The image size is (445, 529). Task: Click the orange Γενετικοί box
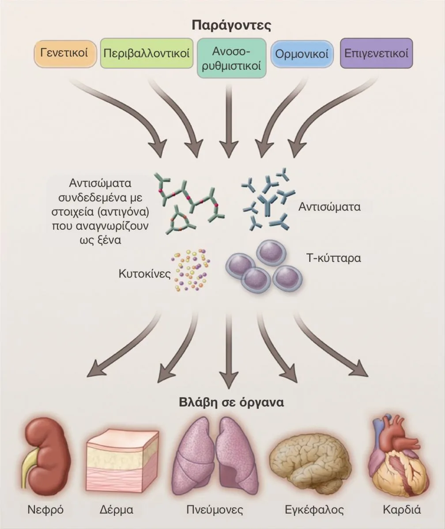65,54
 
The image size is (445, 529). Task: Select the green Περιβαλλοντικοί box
147,53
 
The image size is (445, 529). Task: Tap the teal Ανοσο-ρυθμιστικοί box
232,58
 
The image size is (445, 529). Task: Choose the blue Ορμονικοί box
302,54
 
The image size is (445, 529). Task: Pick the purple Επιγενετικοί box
376,53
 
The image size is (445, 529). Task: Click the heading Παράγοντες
231,25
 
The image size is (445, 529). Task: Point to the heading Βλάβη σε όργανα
231,402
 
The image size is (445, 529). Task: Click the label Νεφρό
45,510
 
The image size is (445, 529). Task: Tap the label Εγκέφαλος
314,510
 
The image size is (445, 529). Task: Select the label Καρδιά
402,510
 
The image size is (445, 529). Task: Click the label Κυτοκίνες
145,274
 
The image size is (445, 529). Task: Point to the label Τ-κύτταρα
334,258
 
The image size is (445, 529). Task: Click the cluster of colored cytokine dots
191,270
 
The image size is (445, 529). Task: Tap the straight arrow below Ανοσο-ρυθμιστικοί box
229,121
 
